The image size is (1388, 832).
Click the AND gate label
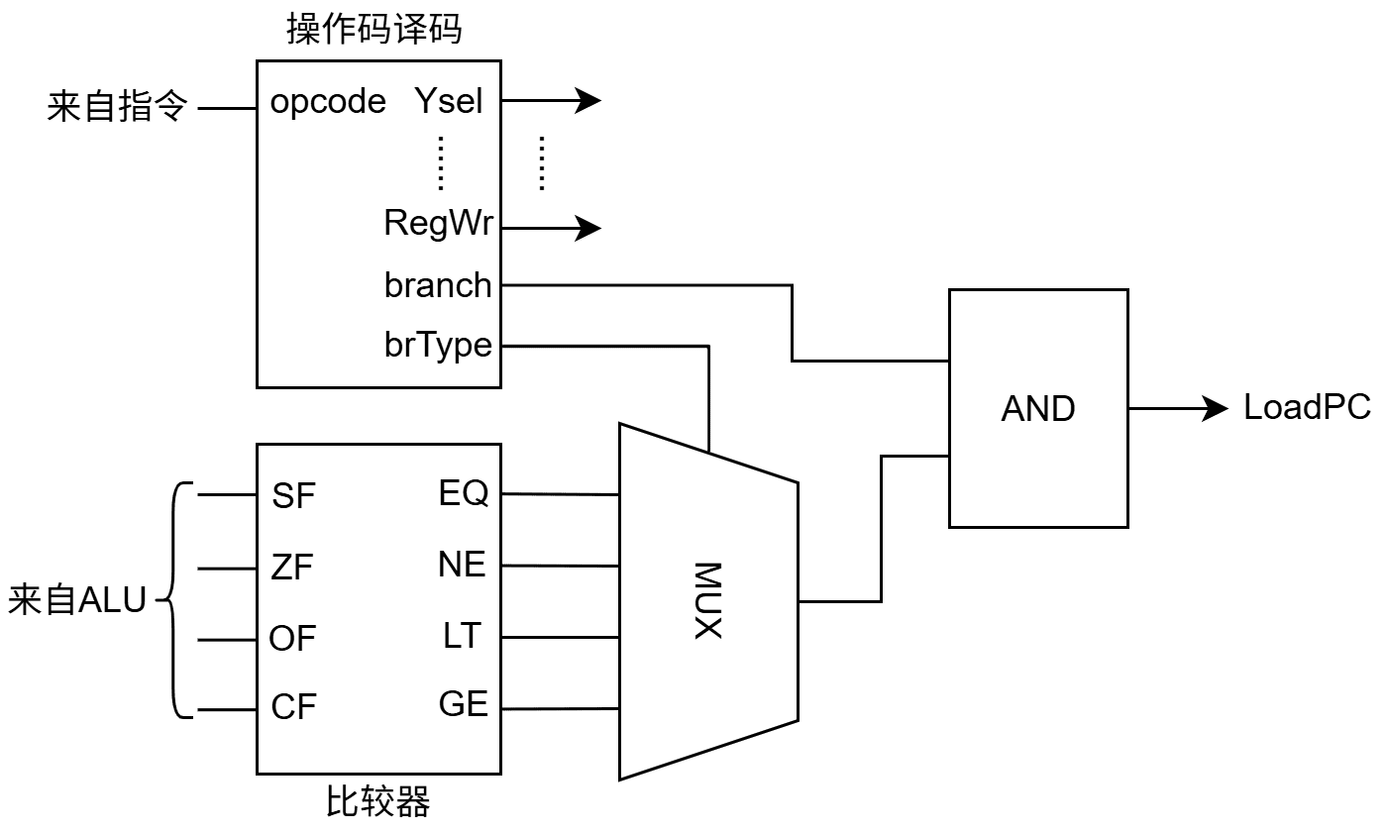[1037, 408]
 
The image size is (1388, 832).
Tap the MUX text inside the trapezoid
[707, 600]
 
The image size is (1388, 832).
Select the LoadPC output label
[1307, 407]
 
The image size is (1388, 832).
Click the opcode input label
[328, 101]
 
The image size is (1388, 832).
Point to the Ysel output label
[449, 101]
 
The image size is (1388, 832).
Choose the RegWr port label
[438, 225]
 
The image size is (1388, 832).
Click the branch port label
[438, 285]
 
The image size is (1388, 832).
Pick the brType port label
[438, 345]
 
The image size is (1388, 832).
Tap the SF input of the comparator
[293, 495]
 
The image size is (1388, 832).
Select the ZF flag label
[292, 568]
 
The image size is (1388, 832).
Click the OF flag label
[292, 639]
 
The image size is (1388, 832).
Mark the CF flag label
[293, 708]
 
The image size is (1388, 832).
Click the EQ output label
[464, 493]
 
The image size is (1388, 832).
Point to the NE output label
[463, 565]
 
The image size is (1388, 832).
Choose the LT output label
[462, 636]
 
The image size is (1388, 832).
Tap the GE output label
[464, 704]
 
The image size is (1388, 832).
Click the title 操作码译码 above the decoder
[374, 31]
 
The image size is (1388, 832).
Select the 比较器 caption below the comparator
[378, 801]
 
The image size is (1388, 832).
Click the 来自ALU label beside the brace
[77, 600]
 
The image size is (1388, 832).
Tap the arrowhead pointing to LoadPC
[1218, 408]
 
